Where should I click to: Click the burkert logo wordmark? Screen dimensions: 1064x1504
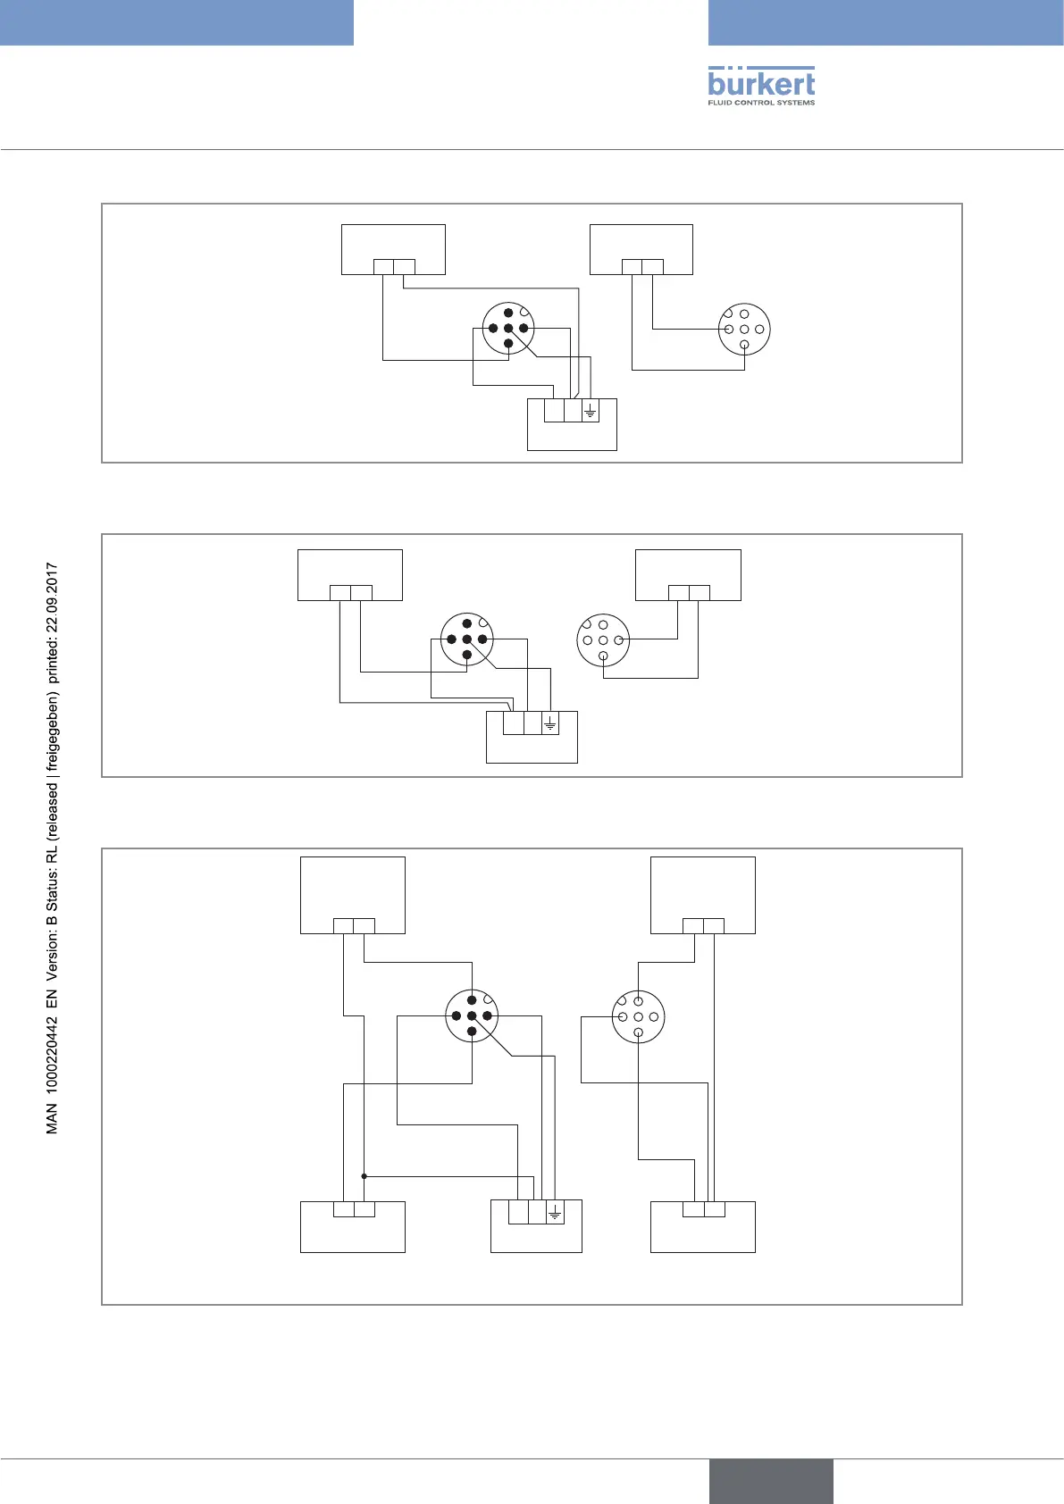tap(761, 83)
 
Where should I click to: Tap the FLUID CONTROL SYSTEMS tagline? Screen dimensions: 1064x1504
tap(761, 103)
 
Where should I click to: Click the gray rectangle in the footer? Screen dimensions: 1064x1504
tap(771, 1481)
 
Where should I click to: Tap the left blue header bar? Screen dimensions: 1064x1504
tap(176, 22)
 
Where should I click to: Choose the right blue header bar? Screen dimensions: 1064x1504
tap(885, 22)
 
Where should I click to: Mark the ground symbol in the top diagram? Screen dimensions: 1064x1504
tap(590, 412)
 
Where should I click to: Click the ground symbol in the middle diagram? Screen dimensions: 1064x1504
tap(549, 723)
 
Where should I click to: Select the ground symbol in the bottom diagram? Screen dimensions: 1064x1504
tap(555, 1212)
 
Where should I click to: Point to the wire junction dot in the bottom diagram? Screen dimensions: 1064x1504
tap(364, 1176)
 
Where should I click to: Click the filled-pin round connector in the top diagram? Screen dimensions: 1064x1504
tap(508, 328)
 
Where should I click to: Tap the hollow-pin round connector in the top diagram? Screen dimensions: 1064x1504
tap(744, 329)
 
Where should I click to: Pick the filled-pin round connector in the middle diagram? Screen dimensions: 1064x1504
tap(467, 639)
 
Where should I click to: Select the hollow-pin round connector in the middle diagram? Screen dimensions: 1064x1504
tap(603, 640)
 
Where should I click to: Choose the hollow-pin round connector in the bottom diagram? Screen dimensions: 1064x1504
tap(638, 1017)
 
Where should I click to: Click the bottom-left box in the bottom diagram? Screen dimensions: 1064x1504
tap(353, 1227)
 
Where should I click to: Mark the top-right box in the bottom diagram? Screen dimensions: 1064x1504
tap(703, 895)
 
